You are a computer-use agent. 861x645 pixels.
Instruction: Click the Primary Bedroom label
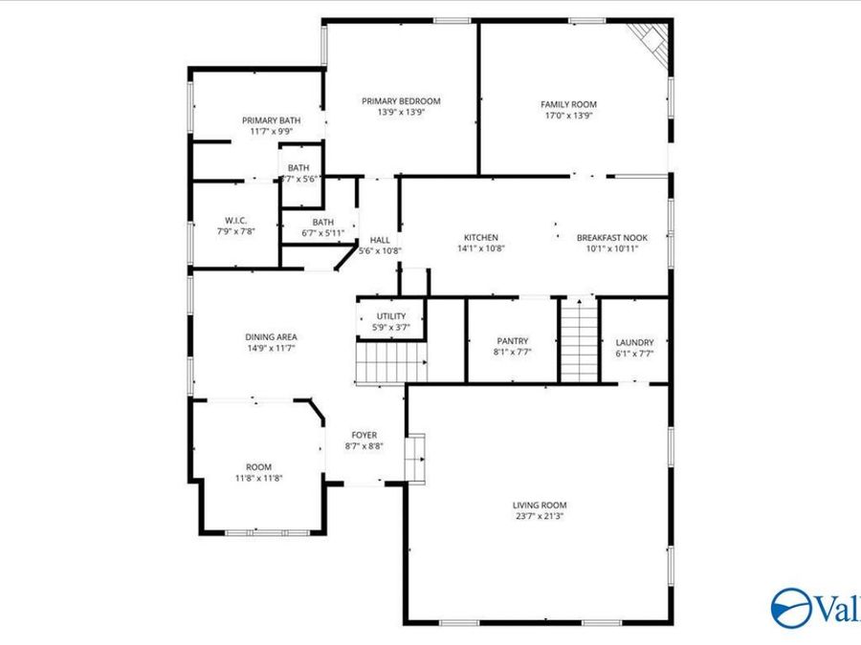[x=400, y=100]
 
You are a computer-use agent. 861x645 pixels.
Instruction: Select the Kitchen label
[x=480, y=238]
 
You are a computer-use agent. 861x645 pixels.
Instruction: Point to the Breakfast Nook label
[x=611, y=238]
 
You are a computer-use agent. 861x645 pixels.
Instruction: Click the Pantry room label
[x=513, y=341]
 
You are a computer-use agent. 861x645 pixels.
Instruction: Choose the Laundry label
[x=634, y=342]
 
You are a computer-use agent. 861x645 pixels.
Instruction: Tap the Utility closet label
[x=390, y=316]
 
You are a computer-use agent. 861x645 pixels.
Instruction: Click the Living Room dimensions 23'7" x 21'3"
[x=540, y=517]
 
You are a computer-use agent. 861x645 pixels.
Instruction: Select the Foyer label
[x=364, y=435]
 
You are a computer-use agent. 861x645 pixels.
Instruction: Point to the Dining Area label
[x=272, y=336]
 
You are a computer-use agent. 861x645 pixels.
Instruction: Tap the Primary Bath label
[x=271, y=120]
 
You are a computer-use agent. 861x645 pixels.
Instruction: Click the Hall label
[x=380, y=241]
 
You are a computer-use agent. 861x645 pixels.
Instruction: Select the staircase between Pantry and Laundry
[x=578, y=340]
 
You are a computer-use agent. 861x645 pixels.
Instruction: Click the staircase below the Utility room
[x=391, y=365]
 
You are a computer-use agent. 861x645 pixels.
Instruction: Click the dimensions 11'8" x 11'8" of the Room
[x=258, y=478]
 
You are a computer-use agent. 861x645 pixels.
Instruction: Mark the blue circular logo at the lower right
[x=789, y=608]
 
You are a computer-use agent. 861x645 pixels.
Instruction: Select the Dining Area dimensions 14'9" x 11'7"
[x=272, y=348]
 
